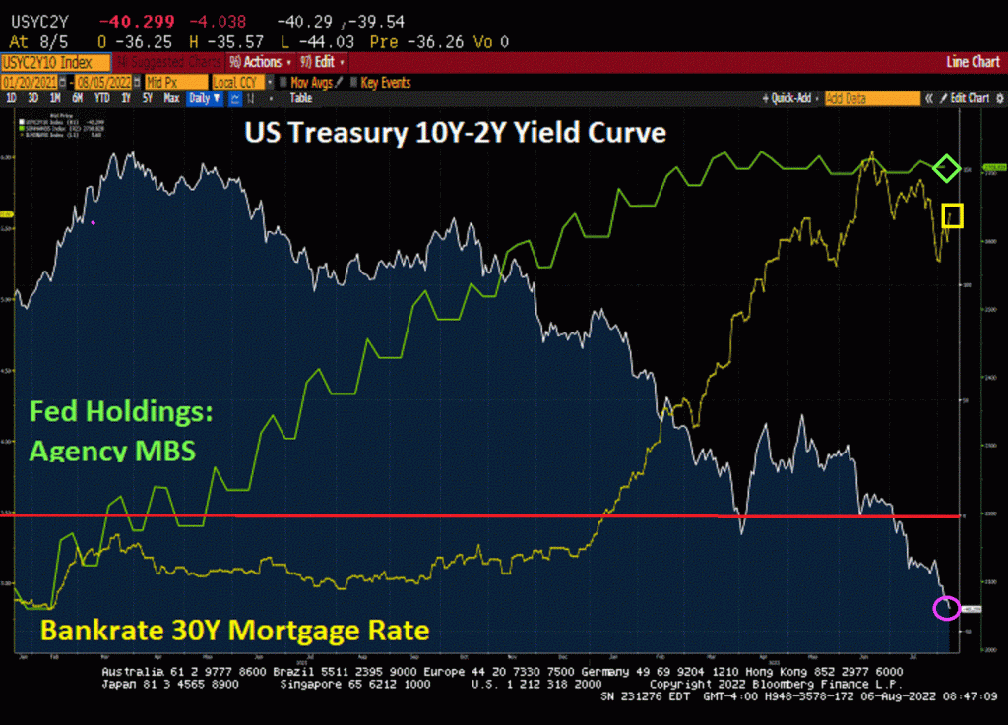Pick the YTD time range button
pyautogui.click(x=101, y=98)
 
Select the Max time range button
pyautogui.click(x=171, y=98)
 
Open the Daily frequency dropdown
pyautogui.click(x=205, y=98)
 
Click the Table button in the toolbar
pyautogui.click(x=301, y=98)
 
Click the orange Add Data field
pyautogui.click(x=870, y=98)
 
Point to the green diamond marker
pyautogui.click(x=946, y=168)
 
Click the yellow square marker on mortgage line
pyautogui.click(x=952, y=214)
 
